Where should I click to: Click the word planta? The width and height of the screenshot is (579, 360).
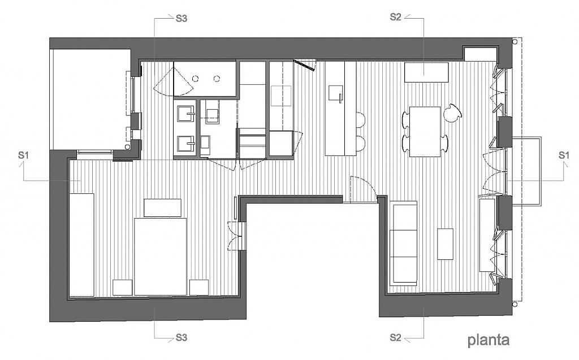489,340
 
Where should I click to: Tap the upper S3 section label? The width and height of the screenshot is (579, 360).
181,18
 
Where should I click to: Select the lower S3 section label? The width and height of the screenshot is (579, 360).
181,338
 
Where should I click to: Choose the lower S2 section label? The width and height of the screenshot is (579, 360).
396,338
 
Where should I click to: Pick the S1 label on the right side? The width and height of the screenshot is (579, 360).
564,154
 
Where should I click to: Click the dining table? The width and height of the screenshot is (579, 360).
425,131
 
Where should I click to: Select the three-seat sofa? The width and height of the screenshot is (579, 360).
404,242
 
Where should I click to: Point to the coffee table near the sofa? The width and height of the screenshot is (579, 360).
446,244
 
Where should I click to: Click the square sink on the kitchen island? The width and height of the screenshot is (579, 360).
336,93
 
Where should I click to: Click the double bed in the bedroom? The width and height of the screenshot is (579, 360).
161,257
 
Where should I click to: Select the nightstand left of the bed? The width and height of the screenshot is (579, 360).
122,287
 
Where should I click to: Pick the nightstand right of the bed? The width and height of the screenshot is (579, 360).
198,287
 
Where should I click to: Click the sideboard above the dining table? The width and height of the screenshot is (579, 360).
426,72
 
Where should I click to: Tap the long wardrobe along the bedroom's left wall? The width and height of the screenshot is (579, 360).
81,244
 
